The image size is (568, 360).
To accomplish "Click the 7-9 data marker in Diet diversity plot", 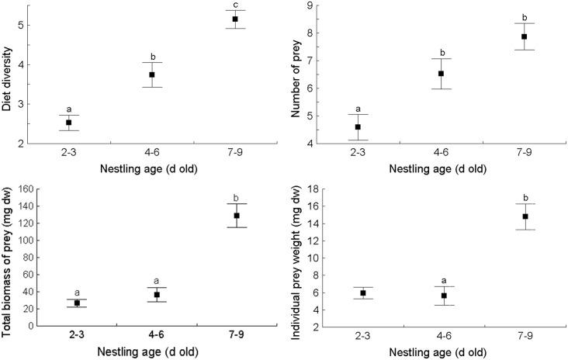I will point(236,19).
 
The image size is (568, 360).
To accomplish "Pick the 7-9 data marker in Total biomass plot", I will point(237,216).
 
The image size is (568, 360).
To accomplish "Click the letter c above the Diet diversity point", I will point(236,5).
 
